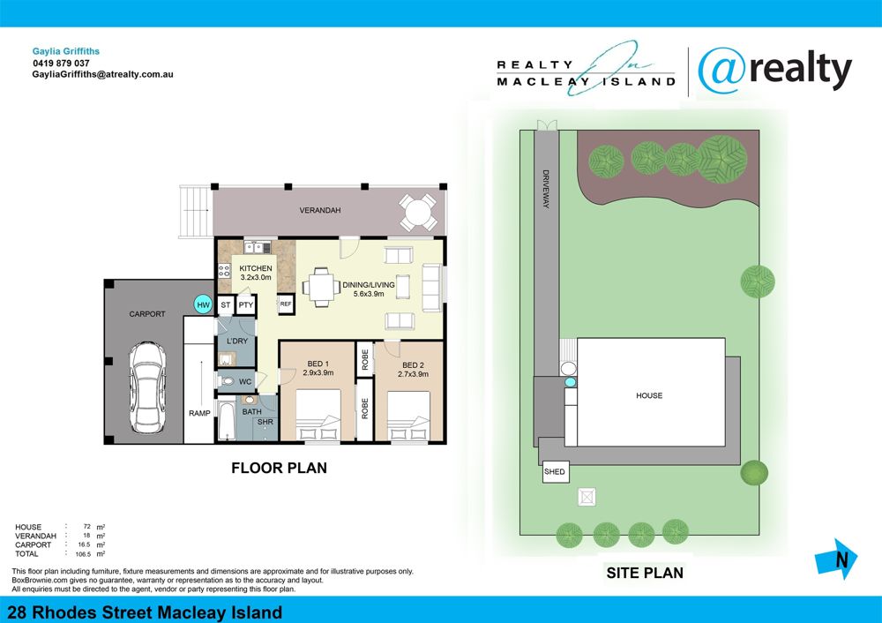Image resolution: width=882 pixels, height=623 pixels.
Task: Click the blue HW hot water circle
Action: [x=203, y=304]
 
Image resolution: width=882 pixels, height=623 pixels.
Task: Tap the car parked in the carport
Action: [x=147, y=387]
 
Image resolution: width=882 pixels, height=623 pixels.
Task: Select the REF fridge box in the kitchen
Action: [x=286, y=304]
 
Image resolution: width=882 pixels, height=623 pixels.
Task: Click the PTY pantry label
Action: [x=246, y=305]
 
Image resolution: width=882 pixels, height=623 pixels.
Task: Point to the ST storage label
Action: [x=226, y=305]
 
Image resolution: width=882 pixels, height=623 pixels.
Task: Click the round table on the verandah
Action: [x=418, y=213]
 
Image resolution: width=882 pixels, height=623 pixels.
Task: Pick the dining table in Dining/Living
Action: [x=322, y=288]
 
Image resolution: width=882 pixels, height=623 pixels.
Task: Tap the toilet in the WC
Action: [x=227, y=381]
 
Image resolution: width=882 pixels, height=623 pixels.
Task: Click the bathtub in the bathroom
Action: [x=227, y=421]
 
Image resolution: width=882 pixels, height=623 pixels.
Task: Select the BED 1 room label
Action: [x=318, y=364]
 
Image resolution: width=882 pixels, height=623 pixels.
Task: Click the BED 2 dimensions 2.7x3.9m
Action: [x=413, y=373]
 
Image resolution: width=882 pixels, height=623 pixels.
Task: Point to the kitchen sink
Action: [x=258, y=247]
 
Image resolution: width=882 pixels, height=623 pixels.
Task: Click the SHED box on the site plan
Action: [x=555, y=471]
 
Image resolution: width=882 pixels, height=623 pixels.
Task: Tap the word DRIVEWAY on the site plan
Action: [x=546, y=189]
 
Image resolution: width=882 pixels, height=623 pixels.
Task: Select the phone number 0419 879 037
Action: [x=61, y=63]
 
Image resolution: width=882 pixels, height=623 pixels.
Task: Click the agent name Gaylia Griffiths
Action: [x=66, y=51]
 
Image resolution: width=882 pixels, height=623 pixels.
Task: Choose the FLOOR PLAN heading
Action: [x=279, y=468]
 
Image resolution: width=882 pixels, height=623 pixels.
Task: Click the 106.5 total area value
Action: [x=83, y=554]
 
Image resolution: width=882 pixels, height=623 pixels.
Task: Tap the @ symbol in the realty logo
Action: [x=722, y=71]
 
